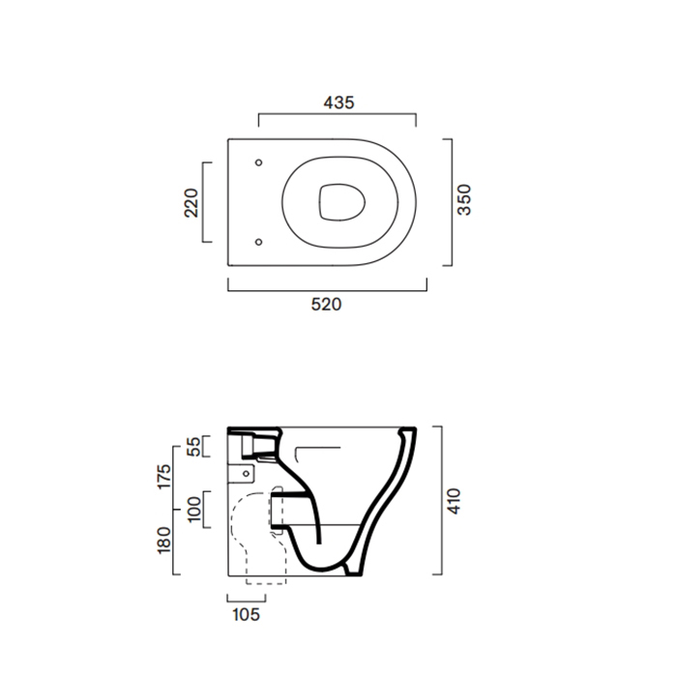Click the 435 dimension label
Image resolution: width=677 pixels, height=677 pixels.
338,103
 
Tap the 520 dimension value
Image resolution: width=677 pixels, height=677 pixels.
326,305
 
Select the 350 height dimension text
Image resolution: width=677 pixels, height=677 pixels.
464,199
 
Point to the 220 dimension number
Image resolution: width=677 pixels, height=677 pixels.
191,202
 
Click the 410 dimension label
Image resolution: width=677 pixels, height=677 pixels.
454,501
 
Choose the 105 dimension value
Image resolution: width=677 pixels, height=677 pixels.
246,614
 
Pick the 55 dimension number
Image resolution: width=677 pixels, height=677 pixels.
193,447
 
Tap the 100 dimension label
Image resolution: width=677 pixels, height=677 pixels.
193,509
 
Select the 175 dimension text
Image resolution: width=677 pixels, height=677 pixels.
163,476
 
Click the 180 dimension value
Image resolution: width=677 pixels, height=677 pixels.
163,540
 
